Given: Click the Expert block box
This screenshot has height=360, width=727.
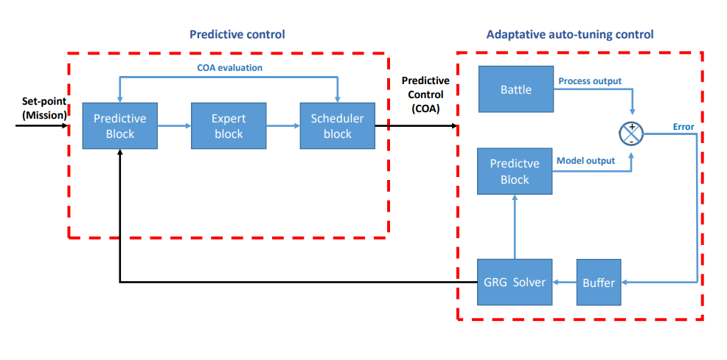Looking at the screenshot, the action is click(x=229, y=125).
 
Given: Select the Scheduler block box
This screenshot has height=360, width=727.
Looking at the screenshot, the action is click(x=337, y=125).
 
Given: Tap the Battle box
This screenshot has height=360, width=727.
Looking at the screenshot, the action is click(x=515, y=89).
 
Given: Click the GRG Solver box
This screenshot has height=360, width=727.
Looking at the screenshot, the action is click(x=515, y=282).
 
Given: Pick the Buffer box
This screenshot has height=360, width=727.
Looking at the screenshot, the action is click(x=599, y=282).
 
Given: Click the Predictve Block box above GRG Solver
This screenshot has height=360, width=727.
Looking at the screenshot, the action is click(x=515, y=171).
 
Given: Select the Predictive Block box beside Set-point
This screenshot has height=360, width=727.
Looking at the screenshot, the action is click(x=120, y=125).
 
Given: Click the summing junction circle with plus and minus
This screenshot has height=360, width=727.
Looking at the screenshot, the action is click(x=631, y=133).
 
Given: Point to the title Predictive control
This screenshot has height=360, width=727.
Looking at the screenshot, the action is click(x=237, y=35).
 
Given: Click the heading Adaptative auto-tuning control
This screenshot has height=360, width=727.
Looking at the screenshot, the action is click(x=570, y=35).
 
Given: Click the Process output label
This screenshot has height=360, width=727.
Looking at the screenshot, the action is click(x=590, y=80).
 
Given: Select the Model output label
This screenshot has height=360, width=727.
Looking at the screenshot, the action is click(x=585, y=161).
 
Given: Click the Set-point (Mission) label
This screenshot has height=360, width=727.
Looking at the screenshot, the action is click(x=44, y=108).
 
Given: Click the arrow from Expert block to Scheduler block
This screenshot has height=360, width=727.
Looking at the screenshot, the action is click(x=283, y=125).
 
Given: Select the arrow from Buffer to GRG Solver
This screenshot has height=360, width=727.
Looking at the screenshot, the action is click(x=565, y=282).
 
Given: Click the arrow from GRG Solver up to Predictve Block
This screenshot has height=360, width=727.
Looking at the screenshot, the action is click(x=515, y=226).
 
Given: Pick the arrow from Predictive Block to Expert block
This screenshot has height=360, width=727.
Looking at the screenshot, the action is click(x=174, y=125).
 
